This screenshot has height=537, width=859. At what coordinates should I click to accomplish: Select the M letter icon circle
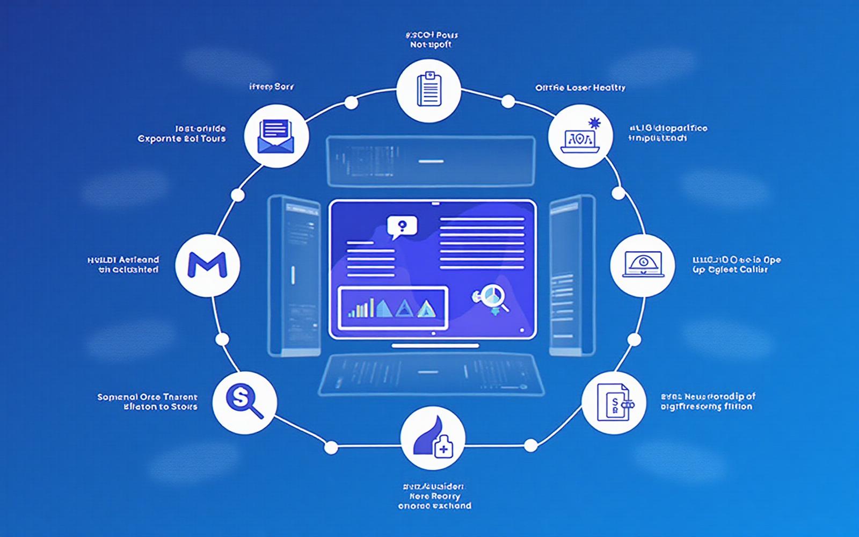208,264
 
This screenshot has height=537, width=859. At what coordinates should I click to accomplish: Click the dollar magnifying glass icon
245,402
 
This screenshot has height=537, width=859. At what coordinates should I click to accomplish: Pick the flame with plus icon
433,438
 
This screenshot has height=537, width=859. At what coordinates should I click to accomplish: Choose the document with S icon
614,403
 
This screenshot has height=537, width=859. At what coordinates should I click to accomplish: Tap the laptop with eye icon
643,264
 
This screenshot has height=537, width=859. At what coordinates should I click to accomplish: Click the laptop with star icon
580,136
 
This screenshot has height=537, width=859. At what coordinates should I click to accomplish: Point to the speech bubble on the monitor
402,227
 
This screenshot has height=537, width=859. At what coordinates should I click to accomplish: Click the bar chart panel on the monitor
393,308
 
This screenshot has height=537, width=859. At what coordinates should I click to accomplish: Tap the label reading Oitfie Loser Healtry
580,88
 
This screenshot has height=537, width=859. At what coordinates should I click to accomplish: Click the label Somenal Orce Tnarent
147,397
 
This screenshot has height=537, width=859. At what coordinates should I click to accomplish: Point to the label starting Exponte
181,139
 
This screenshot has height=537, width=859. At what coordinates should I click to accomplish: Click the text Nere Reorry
434,496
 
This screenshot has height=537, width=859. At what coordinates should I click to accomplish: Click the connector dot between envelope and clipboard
351,103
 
